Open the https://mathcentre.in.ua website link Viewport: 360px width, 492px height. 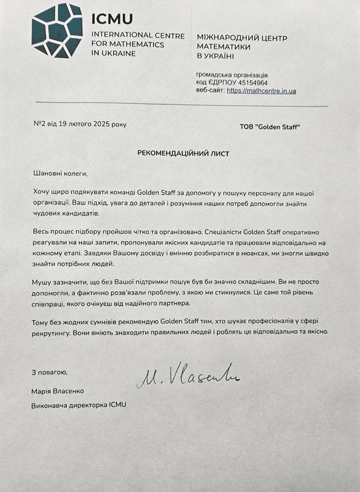coord(261,91)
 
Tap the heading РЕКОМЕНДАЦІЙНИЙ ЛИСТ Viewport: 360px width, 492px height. coord(183,153)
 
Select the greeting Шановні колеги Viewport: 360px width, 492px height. coord(59,173)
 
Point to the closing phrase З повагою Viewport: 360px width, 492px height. coord(49,372)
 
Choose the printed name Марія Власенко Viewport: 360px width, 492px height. coord(58,391)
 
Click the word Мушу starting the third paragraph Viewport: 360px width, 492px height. coord(42,282)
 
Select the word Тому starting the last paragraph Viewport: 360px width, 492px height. coord(41,322)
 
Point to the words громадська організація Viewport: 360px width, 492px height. coord(233,75)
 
